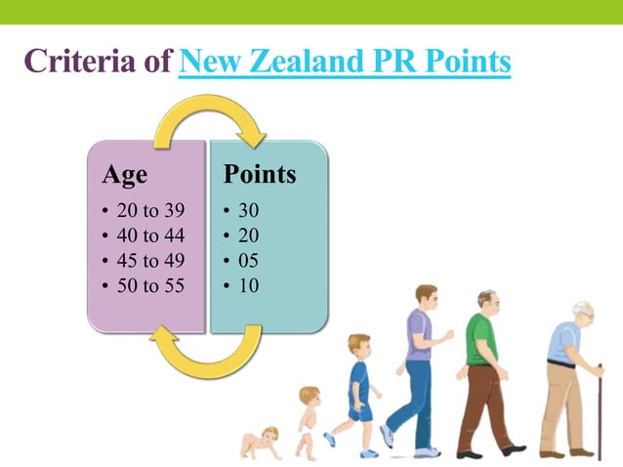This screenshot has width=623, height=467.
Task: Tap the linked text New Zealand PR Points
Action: [346, 64]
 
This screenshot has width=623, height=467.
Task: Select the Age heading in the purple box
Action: [125, 175]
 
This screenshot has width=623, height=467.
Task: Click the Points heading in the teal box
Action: [259, 175]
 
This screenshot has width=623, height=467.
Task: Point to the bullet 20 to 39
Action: [149, 210]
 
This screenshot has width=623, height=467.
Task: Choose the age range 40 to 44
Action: [149, 235]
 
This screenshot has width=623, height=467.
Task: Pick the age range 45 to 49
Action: [149, 261]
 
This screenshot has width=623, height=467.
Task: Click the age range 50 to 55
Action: [149, 286]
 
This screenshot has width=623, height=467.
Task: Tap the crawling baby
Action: [262, 442]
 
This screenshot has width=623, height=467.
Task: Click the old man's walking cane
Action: [598, 410]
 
